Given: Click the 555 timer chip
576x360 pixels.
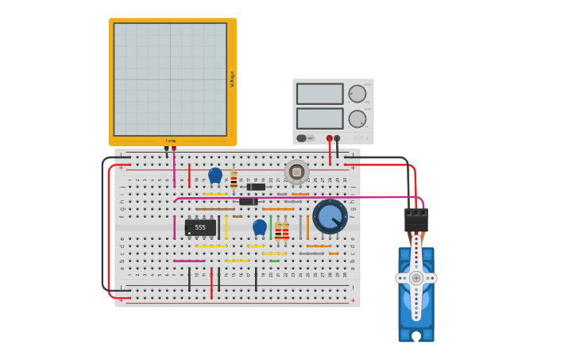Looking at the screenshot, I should click(x=200, y=227).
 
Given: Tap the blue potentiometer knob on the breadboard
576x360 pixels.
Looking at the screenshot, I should click(x=329, y=216).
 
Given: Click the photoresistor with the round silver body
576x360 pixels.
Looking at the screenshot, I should click(x=296, y=172).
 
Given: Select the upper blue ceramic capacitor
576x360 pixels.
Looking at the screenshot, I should click(x=215, y=175).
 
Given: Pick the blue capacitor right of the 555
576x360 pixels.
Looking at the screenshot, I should click(x=260, y=226).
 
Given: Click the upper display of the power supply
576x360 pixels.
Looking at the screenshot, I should click(x=319, y=94).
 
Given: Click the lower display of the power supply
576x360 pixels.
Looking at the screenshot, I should click(x=319, y=118).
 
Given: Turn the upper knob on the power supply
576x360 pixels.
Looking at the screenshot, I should click(x=358, y=94).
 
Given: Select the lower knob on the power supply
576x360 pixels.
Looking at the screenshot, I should click(x=358, y=118).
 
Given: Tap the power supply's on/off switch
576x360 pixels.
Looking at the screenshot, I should click(x=303, y=138).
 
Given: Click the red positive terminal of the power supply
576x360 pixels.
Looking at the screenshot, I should click(x=330, y=138).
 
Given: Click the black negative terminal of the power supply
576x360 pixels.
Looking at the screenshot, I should click(x=338, y=138).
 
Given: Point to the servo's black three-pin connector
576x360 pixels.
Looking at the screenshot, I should click(x=416, y=219).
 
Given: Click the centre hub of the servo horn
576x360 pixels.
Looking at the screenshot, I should click(x=416, y=278).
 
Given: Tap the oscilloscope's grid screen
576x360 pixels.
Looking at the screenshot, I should click(x=170, y=79).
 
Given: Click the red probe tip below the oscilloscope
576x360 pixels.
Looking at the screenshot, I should click(x=174, y=149).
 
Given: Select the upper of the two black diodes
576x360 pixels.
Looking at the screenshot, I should click(x=256, y=187).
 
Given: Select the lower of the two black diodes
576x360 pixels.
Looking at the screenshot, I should click(x=249, y=202).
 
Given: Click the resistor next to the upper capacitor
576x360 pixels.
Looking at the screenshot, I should click(x=234, y=179).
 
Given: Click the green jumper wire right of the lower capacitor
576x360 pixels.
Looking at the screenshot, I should click(x=270, y=227).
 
